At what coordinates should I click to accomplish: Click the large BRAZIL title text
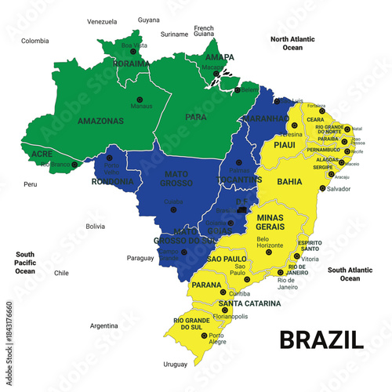point(321,339)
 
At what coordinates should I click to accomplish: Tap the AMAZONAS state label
point(101,122)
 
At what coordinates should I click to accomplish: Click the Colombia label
point(35,41)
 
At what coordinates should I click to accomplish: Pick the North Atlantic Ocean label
point(292,43)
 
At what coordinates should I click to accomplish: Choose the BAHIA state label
point(289,181)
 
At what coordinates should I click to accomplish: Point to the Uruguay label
point(176,364)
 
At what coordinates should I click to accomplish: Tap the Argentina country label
point(103,325)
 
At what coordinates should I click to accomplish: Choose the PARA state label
point(196,118)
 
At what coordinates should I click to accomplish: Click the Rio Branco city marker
point(75,165)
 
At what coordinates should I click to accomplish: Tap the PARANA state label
point(205,285)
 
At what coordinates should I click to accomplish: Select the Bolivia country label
point(95,227)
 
